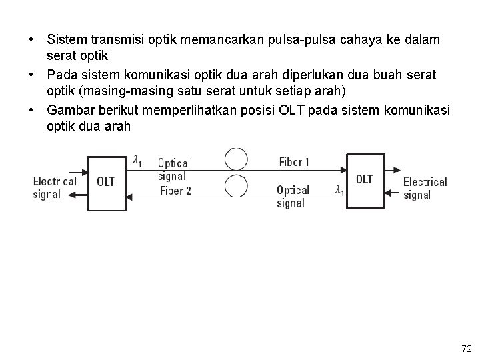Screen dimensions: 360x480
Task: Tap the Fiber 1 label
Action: (294, 162)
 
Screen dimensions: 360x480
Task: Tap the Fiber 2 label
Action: (175, 191)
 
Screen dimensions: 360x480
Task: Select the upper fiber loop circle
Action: (236, 159)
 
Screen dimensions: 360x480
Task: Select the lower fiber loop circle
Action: (236, 185)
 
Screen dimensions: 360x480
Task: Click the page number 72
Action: (466, 348)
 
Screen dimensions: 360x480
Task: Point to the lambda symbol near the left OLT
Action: (137, 160)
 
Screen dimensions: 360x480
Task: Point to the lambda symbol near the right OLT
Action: (339, 190)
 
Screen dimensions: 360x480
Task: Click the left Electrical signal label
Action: (55, 187)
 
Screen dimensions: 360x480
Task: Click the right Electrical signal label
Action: (425, 188)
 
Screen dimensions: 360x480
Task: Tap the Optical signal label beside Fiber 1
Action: (173, 169)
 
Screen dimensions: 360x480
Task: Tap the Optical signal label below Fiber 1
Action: (293, 197)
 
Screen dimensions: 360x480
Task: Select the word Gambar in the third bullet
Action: (70, 110)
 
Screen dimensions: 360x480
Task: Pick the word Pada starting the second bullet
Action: (61, 75)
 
